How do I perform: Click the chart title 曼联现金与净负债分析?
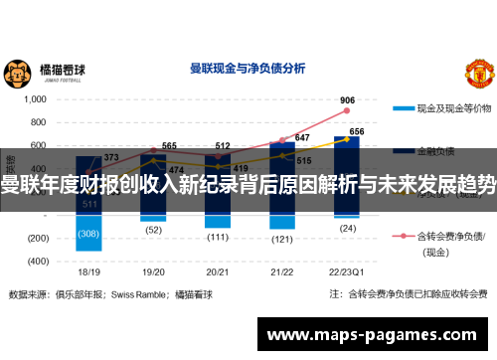(x=248, y=69)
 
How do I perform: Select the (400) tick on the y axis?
(x=37, y=261)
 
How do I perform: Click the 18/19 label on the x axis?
(x=88, y=270)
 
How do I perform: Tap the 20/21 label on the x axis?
(x=218, y=270)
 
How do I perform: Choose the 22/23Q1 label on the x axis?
(x=347, y=270)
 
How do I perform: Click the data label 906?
(x=347, y=99)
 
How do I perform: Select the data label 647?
(x=302, y=137)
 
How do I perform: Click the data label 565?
(x=169, y=145)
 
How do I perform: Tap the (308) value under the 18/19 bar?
(x=88, y=234)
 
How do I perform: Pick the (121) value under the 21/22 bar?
(x=282, y=239)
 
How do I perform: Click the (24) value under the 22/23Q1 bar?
(x=347, y=228)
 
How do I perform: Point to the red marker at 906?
(x=347, y=110)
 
